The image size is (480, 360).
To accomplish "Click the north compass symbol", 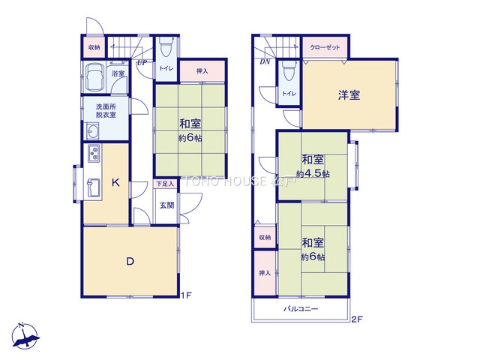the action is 25,336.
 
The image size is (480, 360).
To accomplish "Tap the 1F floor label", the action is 186,295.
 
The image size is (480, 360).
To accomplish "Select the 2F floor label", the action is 357,319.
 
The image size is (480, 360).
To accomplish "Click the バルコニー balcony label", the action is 300,309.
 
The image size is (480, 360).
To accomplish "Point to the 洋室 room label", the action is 349,95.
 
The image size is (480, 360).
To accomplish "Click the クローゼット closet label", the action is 325,47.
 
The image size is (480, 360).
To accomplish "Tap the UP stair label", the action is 142,63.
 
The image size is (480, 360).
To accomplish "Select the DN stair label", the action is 265,61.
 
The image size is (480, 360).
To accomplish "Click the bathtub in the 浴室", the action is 95,76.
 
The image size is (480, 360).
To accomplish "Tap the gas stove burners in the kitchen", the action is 94,153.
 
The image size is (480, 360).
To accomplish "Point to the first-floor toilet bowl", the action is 166,47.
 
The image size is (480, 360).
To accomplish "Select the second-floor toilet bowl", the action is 289,70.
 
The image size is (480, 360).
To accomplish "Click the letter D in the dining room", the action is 130,262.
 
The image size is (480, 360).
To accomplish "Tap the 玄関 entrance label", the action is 166,205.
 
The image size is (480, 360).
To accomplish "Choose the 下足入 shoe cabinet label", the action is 165,184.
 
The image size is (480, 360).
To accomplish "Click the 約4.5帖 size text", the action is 313,174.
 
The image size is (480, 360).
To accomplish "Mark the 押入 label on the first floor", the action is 202,71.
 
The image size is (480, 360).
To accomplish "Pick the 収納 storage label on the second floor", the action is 265,237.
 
